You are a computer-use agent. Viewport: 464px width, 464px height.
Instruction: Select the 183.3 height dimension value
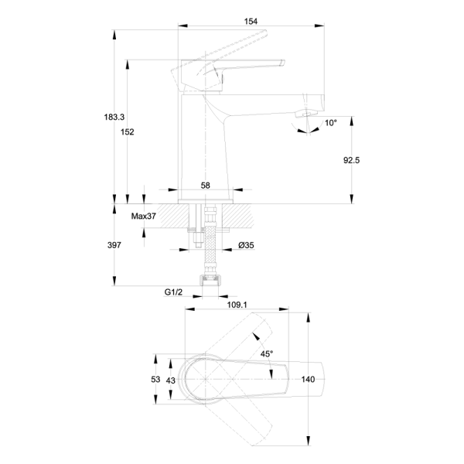coord(114,117)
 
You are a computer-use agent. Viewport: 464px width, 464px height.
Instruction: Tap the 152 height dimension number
coord(127,132)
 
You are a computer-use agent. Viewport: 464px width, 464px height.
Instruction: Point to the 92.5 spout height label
coord(352,161)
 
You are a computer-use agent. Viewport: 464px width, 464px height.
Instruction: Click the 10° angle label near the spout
coord(330,123)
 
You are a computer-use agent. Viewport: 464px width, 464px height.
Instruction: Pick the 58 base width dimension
coord(205,186)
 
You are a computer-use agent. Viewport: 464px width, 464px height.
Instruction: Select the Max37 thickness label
coord(144,217)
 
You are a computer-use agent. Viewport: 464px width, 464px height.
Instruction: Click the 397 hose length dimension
coord(114,245)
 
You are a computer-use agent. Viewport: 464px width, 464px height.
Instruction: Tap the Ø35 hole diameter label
coord(246,245)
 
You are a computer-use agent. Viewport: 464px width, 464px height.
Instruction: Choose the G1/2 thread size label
coord(173,292)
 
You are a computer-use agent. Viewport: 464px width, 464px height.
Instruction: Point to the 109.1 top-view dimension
coord(237,305)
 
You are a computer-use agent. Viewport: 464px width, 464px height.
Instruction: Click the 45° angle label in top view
coord(266,353)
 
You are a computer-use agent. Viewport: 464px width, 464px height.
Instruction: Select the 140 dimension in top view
coord(309,380)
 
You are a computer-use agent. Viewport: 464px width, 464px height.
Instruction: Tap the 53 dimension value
coord(155,380)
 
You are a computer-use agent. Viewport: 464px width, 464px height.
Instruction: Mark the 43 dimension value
coord(171,380)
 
